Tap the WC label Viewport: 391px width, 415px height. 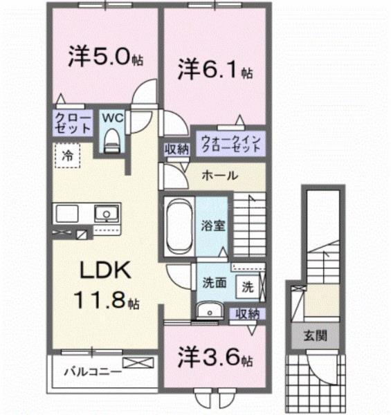[112, 118]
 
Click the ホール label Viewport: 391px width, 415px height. [220, 176]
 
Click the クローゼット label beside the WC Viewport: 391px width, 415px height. [73, 123]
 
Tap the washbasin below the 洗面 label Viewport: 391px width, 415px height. [206, 311]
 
